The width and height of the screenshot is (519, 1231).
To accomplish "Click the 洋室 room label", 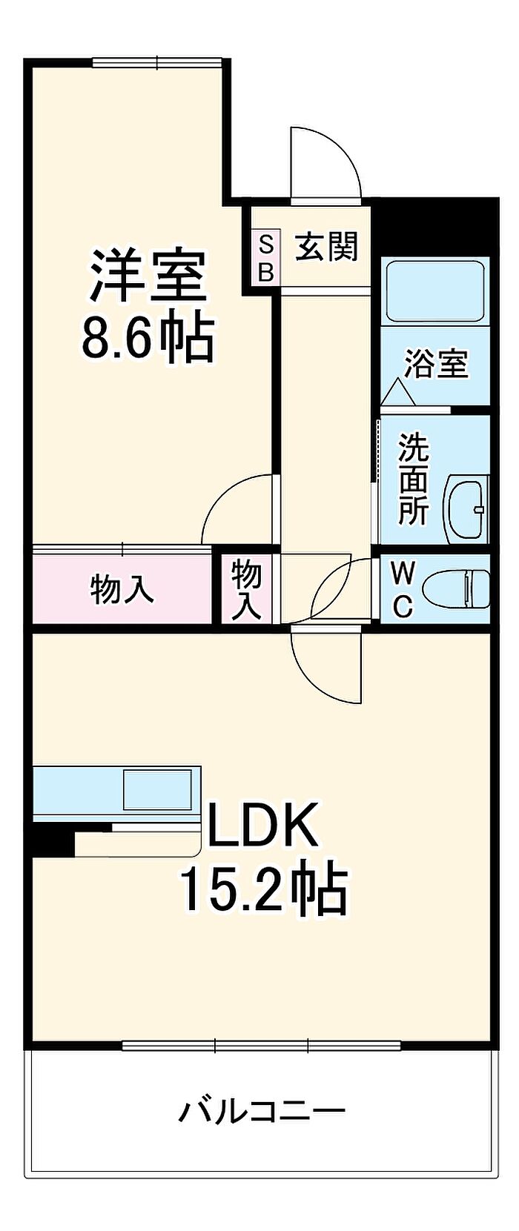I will pos(148,276).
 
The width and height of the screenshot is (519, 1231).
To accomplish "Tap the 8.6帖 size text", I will pos(148,338).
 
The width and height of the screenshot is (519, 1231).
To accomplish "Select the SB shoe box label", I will pos(265,257).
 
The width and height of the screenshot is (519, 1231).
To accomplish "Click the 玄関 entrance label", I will pos(327,247).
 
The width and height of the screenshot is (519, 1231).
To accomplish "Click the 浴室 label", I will pos(436,364).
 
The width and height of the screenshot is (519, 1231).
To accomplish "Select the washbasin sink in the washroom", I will pos(466,508).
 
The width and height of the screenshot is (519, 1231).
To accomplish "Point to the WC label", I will pos(403,589).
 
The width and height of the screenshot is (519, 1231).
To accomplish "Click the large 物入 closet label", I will pos(122,589).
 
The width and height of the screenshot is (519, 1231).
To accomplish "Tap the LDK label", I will pos(263,824).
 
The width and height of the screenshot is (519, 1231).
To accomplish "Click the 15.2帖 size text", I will pos(263,889).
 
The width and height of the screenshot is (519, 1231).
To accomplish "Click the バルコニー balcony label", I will pos(262,1111).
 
